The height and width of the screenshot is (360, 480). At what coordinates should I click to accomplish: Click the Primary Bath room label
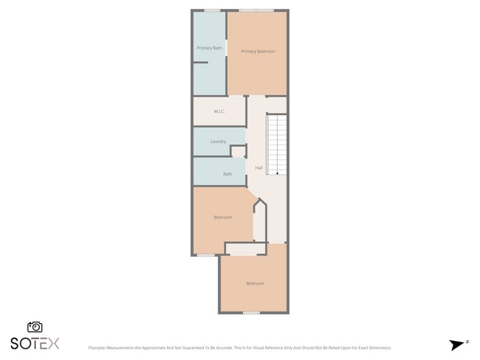[x=209, y=48]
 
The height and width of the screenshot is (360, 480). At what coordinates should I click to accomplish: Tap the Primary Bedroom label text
[x=258, y=51]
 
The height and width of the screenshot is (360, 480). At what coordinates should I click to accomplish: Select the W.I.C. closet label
[x=219, y=111]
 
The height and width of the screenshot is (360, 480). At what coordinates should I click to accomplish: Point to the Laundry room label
[x=218, y=141]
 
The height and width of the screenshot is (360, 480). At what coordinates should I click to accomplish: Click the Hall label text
[x=258, y=167]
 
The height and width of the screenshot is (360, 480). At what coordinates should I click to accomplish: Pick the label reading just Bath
[x=227, y=174]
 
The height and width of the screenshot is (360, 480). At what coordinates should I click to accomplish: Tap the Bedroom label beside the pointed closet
[x=223, y=217]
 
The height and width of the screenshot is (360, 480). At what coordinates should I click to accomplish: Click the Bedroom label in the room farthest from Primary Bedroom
[x=255, y=283]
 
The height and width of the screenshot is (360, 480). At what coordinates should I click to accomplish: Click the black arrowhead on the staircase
[x=277, y=173]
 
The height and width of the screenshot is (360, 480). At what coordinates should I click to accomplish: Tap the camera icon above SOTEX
[x=35, y=327]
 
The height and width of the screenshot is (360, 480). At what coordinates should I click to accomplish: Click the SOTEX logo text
[x=35, y=343]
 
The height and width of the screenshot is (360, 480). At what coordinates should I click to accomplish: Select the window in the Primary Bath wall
[x=212, y=10]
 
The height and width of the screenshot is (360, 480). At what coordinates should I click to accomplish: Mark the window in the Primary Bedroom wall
[x=256, y=10]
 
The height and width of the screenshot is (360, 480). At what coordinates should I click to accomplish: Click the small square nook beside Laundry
[x=238, y=151]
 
